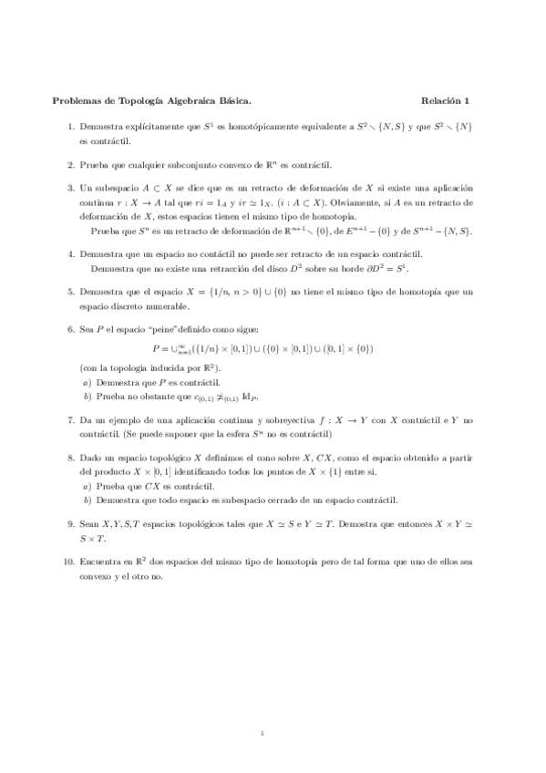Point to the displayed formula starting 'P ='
[x=273, y=347]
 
